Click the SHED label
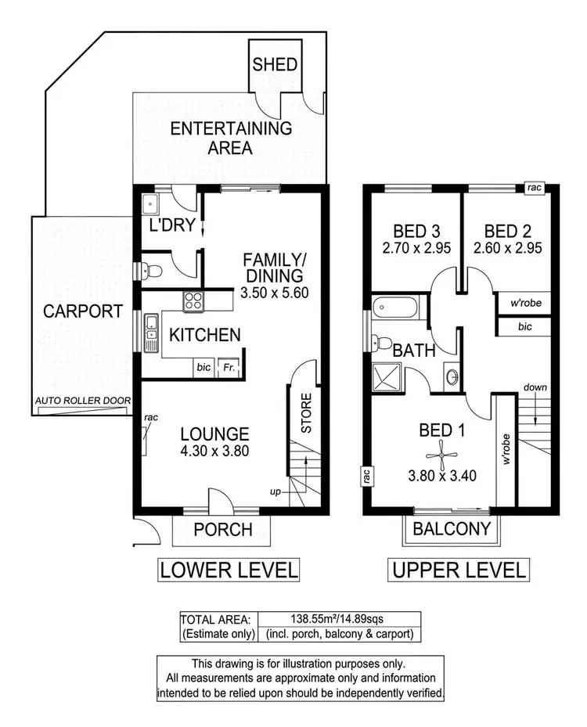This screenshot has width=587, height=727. [275, 63]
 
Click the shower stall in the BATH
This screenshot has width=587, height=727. [386, 378]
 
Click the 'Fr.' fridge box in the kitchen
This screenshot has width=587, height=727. [229, 366]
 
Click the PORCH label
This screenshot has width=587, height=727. [223, 530]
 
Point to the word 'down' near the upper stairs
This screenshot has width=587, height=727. [536, 387]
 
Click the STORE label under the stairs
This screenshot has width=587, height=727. [306, 414]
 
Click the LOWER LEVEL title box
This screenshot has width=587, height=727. [229, 570]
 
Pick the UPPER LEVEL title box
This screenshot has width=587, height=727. [458, 570]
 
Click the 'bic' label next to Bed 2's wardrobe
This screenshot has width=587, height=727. [524, 325]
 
